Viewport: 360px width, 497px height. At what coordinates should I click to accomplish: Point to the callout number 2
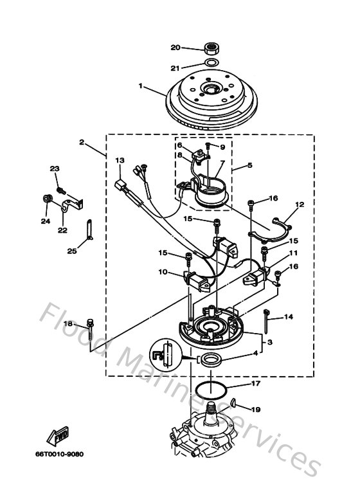pos(82,141)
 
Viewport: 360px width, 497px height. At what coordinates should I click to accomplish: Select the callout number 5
pos(250,165)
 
